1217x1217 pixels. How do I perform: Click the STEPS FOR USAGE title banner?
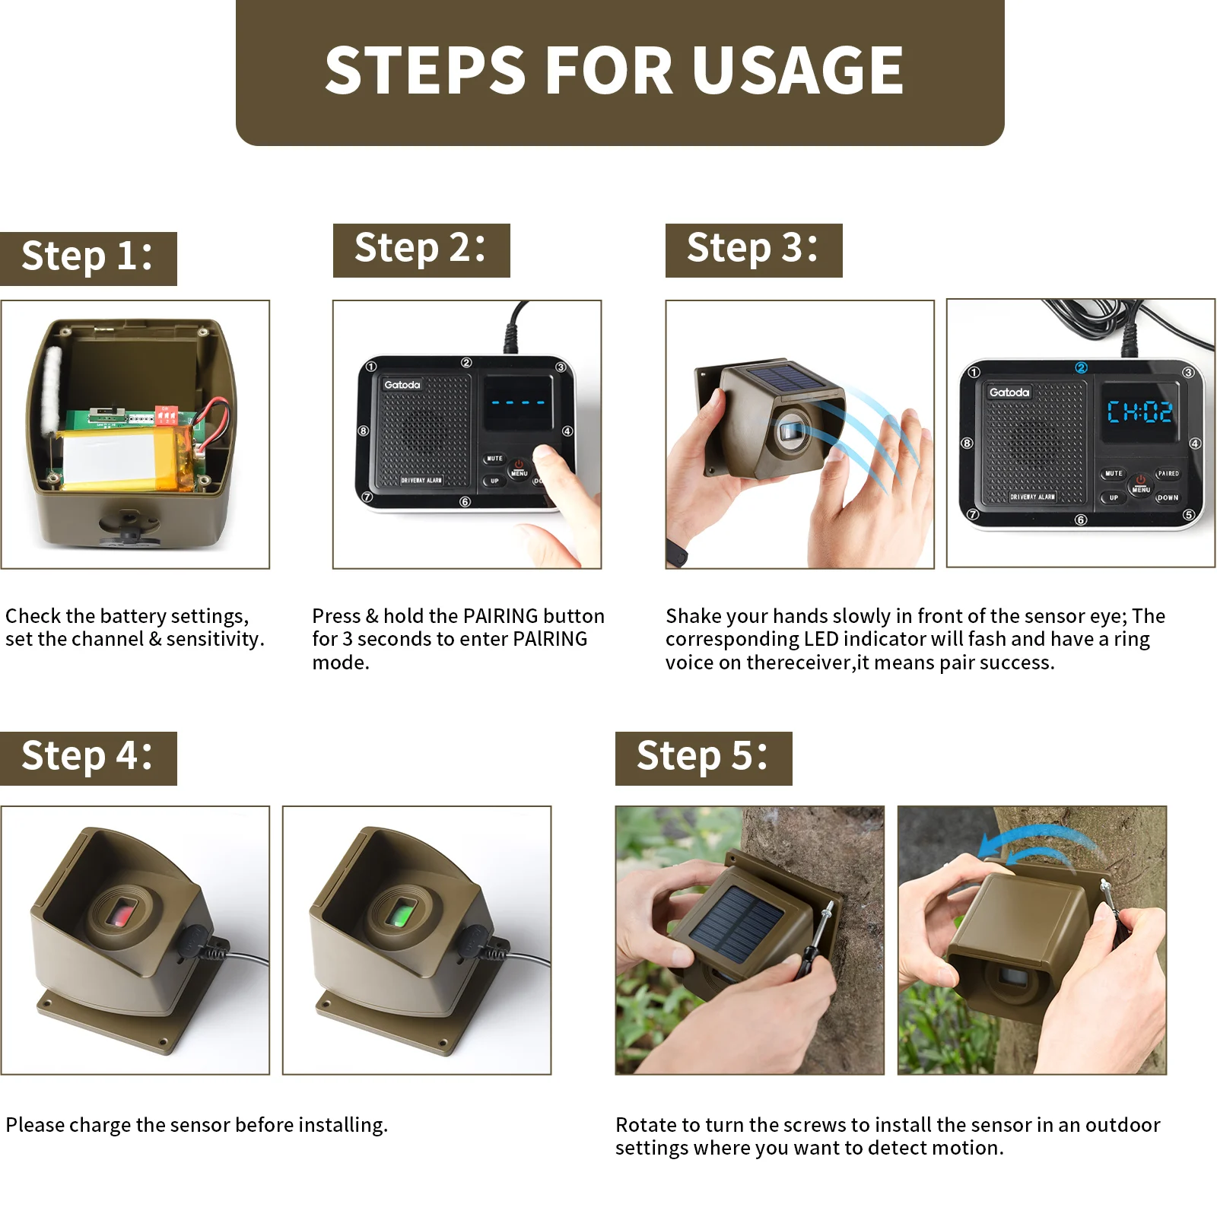click(620, 72)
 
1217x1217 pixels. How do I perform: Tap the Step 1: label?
click(88, 259)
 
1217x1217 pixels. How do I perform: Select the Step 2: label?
click(421, 250)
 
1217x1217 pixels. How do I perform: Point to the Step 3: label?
click(754, 250)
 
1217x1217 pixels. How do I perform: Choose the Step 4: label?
click(88, 758)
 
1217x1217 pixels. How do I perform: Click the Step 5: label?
click(704, 758)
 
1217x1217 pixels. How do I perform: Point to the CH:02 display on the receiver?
click(1139, 411)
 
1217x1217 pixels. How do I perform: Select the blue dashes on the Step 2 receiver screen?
click(518, 402)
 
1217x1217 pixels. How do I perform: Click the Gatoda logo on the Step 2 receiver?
click(402, 385)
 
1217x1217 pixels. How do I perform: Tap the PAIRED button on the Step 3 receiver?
click(1168, 473)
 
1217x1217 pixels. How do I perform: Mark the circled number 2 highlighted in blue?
click(1081, 368)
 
